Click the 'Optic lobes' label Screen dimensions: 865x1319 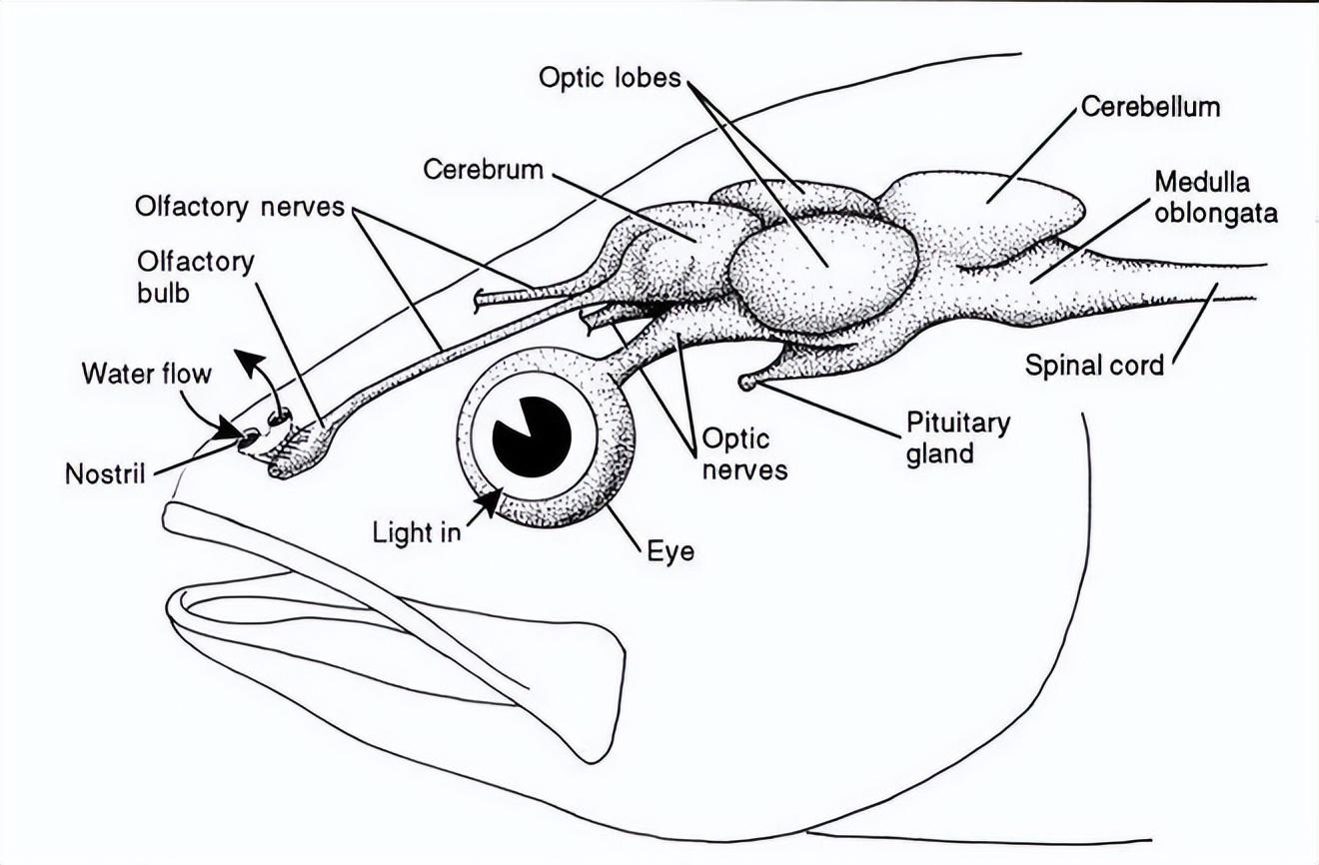click(x=610, y=77)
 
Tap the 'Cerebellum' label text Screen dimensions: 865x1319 click(x=1150, y=107)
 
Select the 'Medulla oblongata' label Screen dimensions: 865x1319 click(x=1215, y=197)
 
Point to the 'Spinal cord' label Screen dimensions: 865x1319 click(x=1094, y=366)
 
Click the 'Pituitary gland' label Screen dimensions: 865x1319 click(x=957, y=437)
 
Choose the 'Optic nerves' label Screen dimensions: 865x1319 click(x=744, y=453)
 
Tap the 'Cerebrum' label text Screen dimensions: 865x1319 click(x=483, y=169)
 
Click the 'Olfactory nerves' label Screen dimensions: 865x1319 click(x=240, y=207)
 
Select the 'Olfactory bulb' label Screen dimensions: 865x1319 click(x=195, y=277)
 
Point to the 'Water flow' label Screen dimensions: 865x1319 click(x=146, y=374)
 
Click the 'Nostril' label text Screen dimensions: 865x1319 click(x=105, y=472)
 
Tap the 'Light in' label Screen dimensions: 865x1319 click(x=417, y=531)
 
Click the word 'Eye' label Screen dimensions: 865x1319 click(x=669, y=551)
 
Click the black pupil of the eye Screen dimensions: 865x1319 click(x=532, y=436)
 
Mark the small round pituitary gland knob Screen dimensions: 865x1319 click(x=746, y=382)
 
